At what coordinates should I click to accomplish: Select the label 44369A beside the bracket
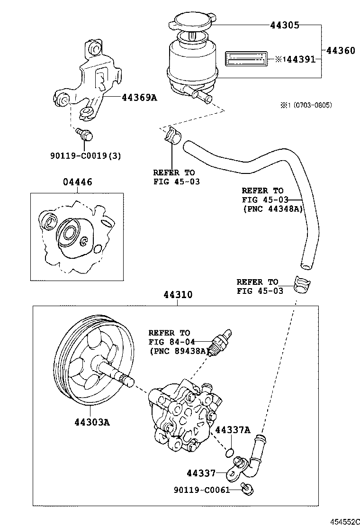139,98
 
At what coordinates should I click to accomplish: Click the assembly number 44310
178,295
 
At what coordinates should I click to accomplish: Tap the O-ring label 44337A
232,430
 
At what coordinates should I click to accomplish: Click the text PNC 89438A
179,351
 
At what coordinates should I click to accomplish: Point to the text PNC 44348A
273,209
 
